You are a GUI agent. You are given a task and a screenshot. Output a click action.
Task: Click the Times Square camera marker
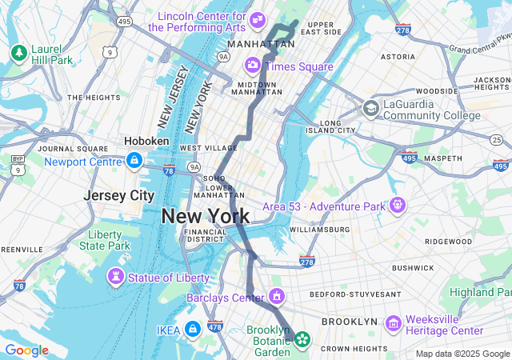[x=253, y=65]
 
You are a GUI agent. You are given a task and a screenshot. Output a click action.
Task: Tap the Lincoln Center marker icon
[x=258, y=18]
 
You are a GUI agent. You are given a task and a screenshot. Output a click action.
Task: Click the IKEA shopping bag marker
[x=193, y=329]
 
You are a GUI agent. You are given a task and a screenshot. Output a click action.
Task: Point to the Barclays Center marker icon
[x=277, y=297]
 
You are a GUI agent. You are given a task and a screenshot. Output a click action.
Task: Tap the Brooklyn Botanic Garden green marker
[x=302, y=339]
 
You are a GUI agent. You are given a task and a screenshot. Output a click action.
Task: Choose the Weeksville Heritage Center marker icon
[x=393, y=323]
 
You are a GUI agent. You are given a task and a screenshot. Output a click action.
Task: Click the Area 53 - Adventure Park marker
[x=398, y=206]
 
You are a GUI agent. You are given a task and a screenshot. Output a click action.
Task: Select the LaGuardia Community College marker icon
[x=371, y=108]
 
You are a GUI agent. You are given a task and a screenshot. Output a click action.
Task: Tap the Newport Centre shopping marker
[x=134, y=161]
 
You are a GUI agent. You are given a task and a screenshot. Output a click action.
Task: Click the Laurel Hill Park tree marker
[x=18, y=53]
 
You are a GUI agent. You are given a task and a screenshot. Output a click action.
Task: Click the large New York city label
[x=205, y=216]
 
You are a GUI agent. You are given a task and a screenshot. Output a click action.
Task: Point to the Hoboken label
[x=146, y=141]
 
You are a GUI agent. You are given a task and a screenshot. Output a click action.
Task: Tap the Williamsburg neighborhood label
[x=319, y=230]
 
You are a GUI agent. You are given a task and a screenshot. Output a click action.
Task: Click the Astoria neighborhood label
[x=398, y=57]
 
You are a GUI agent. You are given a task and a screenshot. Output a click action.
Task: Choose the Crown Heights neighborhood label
[x=353, y=348]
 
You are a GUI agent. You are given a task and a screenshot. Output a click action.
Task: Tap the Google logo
[x=26, y=350]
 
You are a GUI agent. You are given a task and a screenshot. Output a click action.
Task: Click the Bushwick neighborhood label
[x=412, y=268]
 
